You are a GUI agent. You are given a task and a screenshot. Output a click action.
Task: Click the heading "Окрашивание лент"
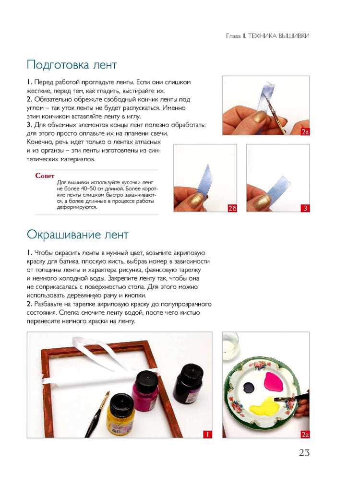pos(77,235)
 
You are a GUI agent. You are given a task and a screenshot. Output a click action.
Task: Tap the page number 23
pos(304,452)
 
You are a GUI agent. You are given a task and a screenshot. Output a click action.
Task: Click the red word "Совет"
pos(45,176)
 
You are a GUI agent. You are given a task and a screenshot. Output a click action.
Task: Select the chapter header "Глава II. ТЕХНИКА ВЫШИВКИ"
pos(267,36)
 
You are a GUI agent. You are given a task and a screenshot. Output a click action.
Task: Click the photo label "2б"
pos(232,208)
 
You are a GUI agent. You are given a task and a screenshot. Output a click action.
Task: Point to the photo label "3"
pos(304,208)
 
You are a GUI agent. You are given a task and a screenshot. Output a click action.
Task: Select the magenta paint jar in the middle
pos(145,391)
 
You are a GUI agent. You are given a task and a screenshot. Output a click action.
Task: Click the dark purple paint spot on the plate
pos(251,387)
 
